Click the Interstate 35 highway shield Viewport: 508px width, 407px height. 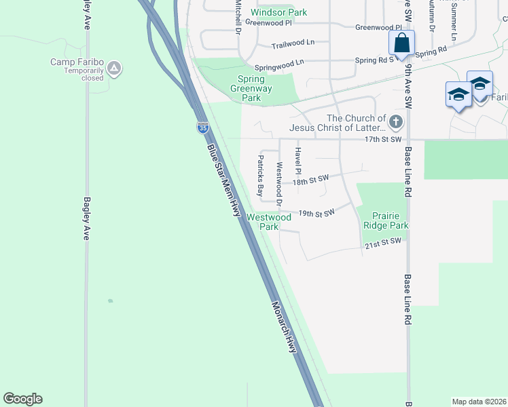coord(202,127)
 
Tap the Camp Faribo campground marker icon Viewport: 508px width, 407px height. coord(115,68)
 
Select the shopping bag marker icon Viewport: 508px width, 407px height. coord(402,43)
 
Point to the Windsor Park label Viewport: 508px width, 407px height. coord(278,12)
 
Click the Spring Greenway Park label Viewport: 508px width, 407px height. coord(251,88)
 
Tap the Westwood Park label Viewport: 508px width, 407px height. coord(269,222)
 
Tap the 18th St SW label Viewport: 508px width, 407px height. coord(310,180)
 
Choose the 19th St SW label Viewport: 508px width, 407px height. coord(316,213)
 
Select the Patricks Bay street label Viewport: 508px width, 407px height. coord(259,175)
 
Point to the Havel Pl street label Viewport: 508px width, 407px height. coord(297,161)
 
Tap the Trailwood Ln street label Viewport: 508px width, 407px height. coord(293,43)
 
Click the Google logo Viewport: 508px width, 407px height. coord(22,399)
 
